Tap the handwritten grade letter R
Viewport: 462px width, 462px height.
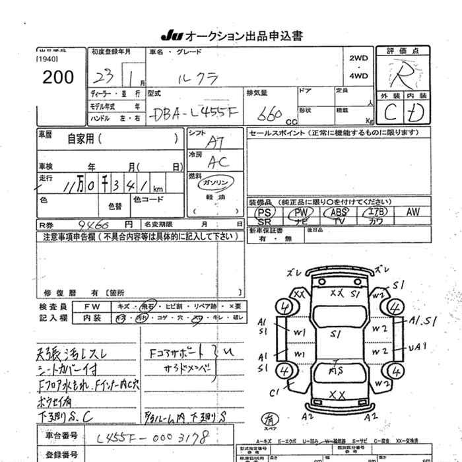tap(402, 75)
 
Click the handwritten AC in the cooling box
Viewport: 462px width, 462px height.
tap(216, 161)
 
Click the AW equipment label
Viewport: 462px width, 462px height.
tap(413, 212)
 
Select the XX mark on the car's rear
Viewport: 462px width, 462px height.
tap(338, 395)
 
